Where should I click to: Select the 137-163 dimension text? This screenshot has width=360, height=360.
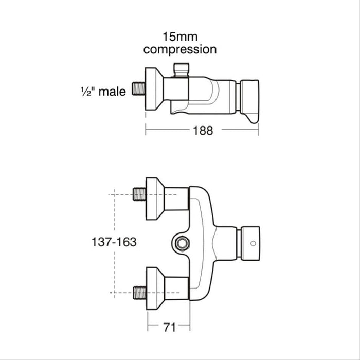114,242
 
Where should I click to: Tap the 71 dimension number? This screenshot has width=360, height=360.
169,327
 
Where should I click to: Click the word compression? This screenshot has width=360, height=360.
179,49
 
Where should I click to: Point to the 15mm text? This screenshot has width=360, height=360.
179,37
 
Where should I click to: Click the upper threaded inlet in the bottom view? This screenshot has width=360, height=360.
139,194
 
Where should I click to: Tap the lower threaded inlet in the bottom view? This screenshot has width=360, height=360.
139,293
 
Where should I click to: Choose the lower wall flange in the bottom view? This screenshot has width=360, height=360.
154,289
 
